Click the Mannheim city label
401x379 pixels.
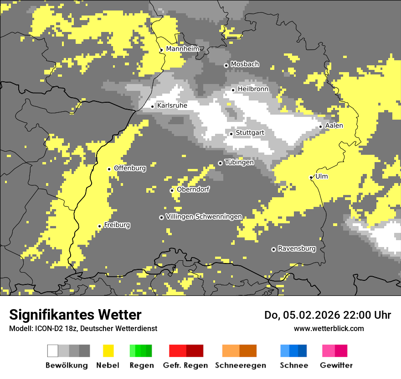click(x=182, y=49)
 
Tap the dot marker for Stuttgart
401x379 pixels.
click(x=231, y=134)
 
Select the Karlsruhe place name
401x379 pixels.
click(x=172, y=105)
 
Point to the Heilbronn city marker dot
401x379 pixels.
click(x=233, y=90)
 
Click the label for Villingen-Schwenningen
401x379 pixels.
click(x=204, y=216)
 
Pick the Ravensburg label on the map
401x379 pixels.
click(x=297, y=248)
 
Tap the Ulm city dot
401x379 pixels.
click(x=311, y=177)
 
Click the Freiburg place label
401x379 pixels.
click(x=117, y=225)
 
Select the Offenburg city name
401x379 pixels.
click(x=130, y=168)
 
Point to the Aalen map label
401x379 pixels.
click(x=334, y=126)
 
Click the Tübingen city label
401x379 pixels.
click(x=239, y=162)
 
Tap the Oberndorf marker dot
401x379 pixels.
click(x=172, y=190)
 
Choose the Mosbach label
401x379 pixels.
click(x=245, y=64)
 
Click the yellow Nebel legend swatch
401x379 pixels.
click(x=108, y=351)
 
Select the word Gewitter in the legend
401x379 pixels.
click(x=336, y=365)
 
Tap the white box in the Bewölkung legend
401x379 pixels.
click(x=53, y=351)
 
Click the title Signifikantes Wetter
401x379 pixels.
click(x=75, y=315)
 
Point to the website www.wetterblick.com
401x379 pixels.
click(x=329, y=328)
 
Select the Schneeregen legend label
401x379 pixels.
click(x=241, y=365)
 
